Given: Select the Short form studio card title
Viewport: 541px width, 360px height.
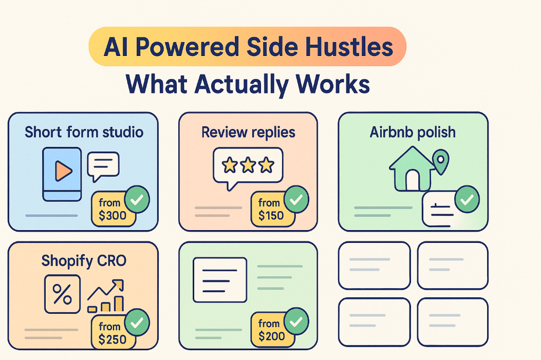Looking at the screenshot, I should point(84,132).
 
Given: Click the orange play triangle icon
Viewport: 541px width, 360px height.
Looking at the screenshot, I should point(63,170).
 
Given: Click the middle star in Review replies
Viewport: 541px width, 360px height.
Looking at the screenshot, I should point(248,165).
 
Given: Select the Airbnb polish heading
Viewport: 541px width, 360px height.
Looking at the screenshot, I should point(413,132).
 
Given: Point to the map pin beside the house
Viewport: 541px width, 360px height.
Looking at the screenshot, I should point(441,161).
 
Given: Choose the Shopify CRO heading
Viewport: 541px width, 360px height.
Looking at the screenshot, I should point(84,260).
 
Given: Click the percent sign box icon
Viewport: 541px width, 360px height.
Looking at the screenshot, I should point(62,294).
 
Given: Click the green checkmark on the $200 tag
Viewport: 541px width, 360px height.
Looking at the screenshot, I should point(296,322).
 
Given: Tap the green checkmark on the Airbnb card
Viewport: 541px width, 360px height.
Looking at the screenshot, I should point(467,200).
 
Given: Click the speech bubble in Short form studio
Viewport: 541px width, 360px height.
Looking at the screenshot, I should point(103,165).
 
